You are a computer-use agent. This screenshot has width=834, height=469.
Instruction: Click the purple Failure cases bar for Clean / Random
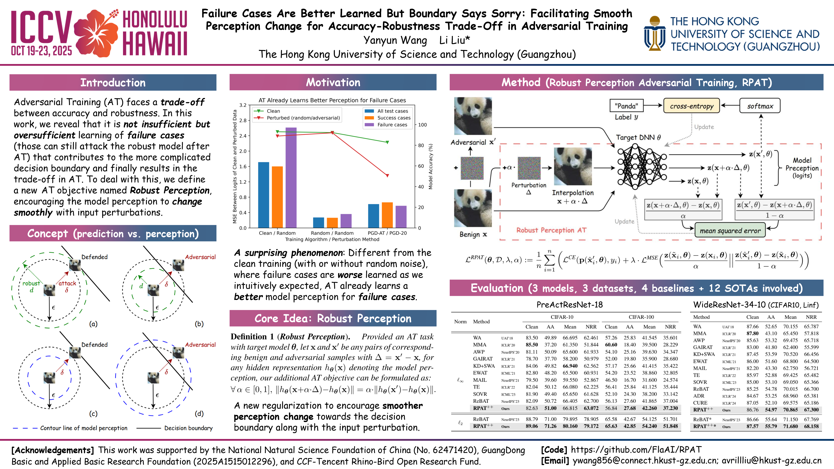[x=291, y=177]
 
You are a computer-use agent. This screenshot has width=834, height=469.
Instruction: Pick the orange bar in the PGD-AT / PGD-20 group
[x=387, y=215]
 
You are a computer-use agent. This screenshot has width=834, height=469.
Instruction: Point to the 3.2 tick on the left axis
[x=243, y=105]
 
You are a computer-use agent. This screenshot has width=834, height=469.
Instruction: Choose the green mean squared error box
[x=730, y=230]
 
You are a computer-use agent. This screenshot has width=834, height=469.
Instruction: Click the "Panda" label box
[x=626, y=106]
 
